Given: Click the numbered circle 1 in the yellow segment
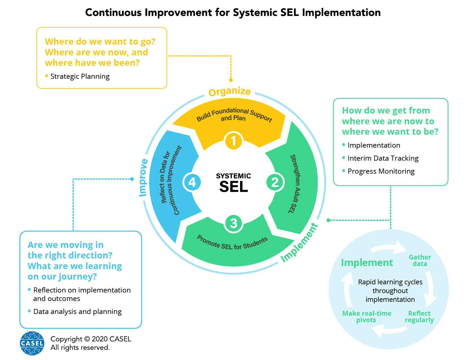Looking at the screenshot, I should (x=234, y=141).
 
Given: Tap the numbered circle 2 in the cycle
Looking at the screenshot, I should (x=275, y=182).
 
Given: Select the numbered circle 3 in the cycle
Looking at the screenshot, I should (x=234, y=223).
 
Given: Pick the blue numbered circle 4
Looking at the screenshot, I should (x=192, y=182).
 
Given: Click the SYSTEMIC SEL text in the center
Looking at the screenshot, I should (x=234, y=183).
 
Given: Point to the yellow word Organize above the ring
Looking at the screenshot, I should (x=229, y=92).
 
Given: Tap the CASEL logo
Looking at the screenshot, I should (x=32, y=343).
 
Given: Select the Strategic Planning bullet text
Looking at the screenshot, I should (x=80, y=77).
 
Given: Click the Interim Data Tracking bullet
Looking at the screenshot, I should (x=383, y=158).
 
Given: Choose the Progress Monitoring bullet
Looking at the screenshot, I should (x=381, y=171).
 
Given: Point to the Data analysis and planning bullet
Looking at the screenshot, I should (x=77, y=312).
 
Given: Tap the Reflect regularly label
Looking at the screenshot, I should (x=419, y=317).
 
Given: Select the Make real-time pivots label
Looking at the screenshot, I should (x=367, y=317).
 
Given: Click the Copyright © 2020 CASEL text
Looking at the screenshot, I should (x=91, y=339).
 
